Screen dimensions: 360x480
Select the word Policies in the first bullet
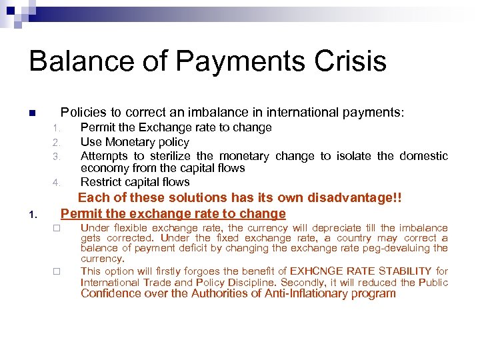82,113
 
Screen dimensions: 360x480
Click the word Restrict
101,182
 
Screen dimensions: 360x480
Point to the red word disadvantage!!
363,197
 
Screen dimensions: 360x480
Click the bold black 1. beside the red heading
33,215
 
